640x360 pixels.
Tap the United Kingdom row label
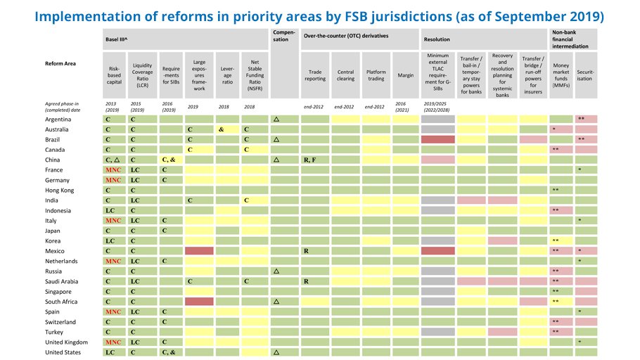pos(67,342)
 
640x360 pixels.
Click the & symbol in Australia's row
pos(222,130)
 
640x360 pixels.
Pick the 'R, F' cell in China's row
pos(310,160)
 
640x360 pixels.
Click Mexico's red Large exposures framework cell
pos(198,251)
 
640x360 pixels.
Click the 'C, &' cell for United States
pos(169,352)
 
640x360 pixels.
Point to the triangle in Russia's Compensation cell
pos(276,271)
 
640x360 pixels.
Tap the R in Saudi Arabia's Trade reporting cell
pos(306,281)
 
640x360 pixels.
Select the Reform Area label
pos(61,63)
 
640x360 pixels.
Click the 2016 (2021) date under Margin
pos(403,107)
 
